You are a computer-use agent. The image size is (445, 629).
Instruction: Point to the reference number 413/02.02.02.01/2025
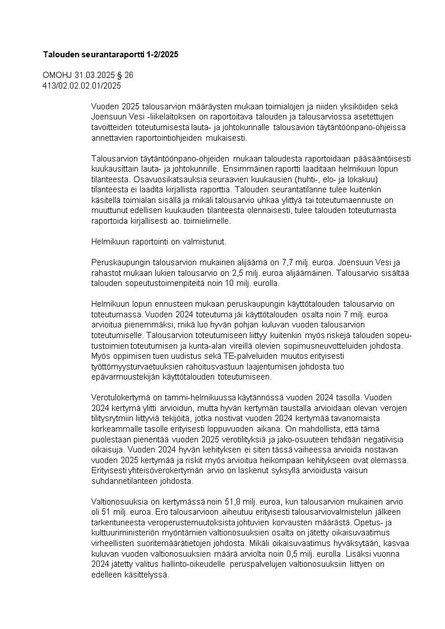[x=82, y=85]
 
